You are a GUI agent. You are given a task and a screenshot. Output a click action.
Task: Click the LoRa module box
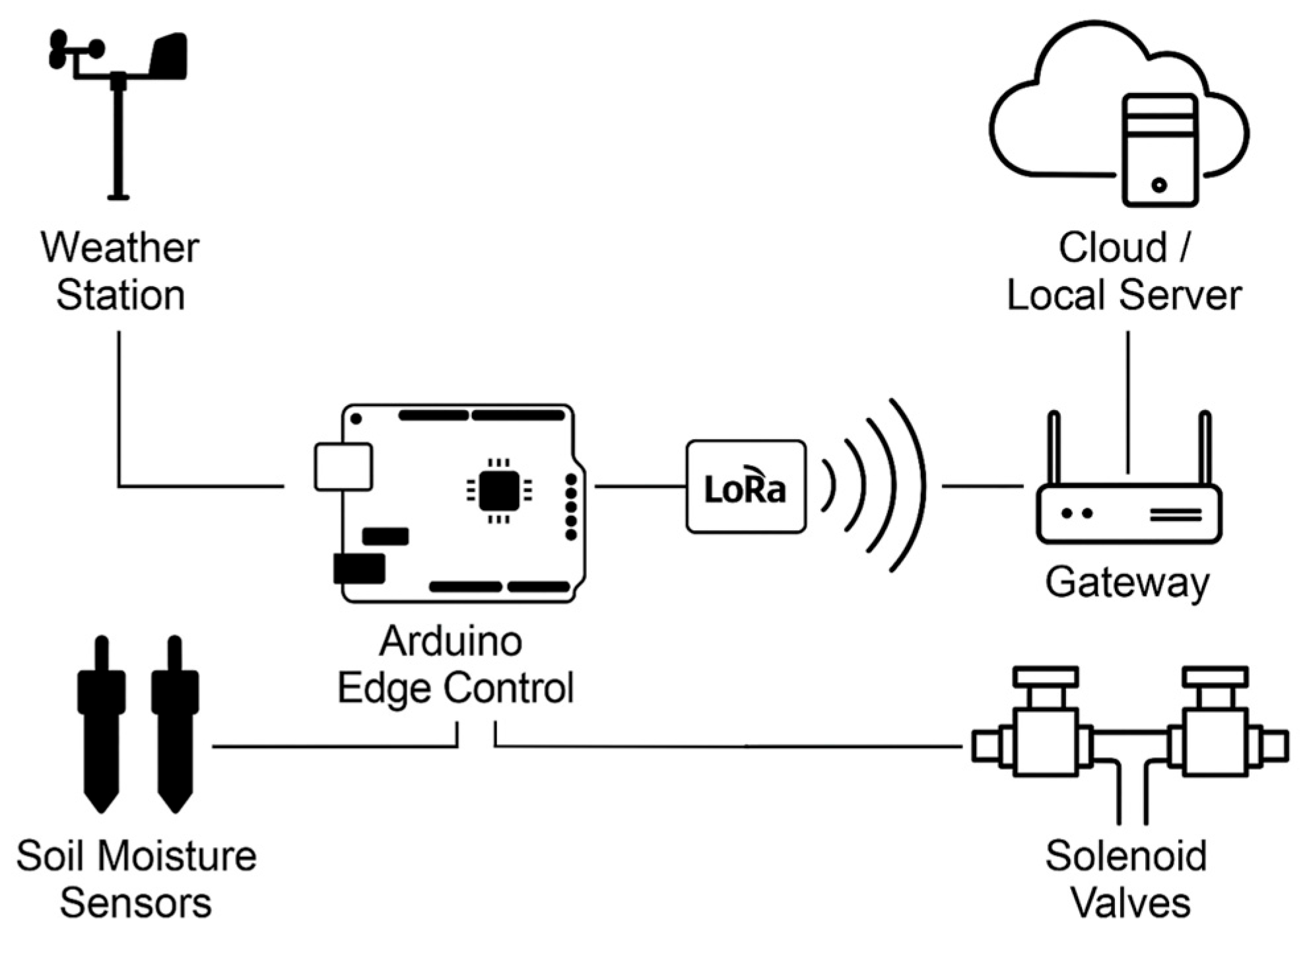pyautogui.click(x=745, y=487)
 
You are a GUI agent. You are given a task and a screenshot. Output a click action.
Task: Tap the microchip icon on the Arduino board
pyautogui.click(x=498, y=491)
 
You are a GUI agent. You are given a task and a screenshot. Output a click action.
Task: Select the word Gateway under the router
pyautogui.click(x=1127, y=582)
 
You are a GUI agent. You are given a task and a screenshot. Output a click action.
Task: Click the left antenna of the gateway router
pyautogui.click(x=1054, y=449)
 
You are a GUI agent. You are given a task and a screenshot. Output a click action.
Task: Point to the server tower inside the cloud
pyautogui.click(x=1160, y=151)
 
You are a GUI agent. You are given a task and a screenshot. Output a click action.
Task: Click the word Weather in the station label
pyautogui.click(x=119, y=248)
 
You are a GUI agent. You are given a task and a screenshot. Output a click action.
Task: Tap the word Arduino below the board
pyautogui.click(x=451, y=641)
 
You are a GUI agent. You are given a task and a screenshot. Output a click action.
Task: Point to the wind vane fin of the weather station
pyautogui.click(x=169, y=57)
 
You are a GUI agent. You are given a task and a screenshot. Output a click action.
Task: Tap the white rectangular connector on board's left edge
pyautogui.click(x=343, y=467)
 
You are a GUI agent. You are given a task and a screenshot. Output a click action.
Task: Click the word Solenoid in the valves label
pyautogui.click(x=1125, y=856)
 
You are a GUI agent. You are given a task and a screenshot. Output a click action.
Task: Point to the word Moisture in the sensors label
pyautogui.click(x=178, y=856)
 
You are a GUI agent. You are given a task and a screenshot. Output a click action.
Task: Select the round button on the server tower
pyautogui.click(x=1159, y=185)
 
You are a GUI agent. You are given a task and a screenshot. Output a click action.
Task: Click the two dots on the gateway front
pyautogui.click(x=1077, y=513)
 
